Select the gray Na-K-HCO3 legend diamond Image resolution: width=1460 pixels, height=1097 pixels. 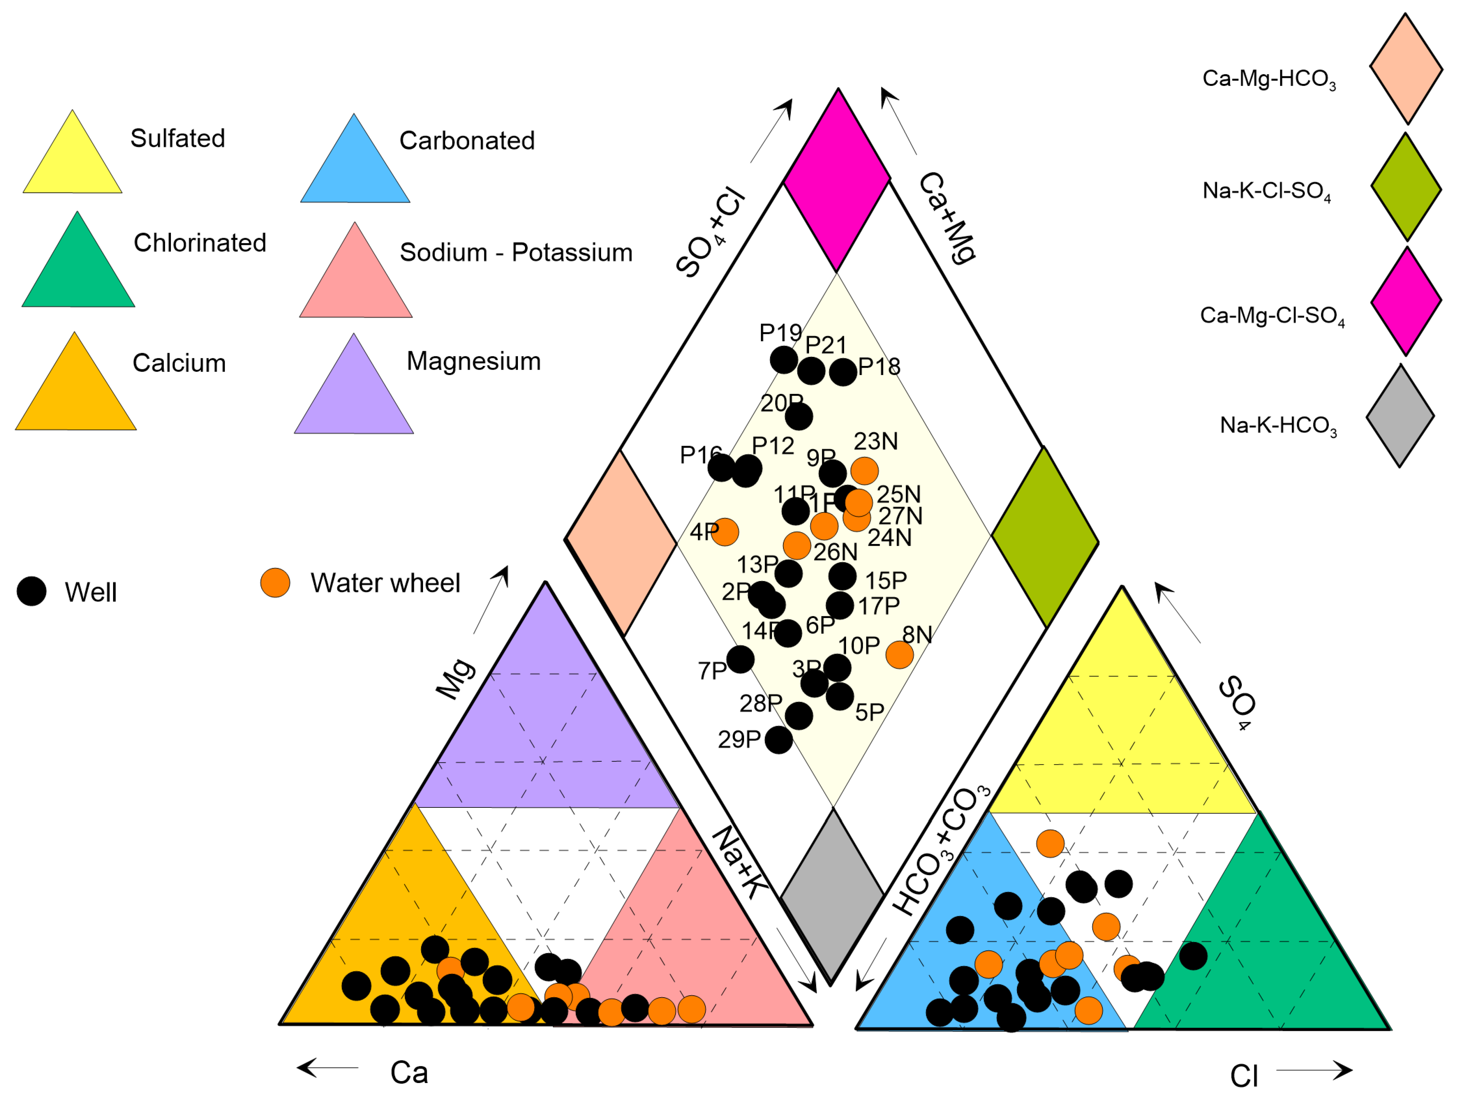coord(1400,416)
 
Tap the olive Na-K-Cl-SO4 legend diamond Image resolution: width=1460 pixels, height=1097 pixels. coord(1406,187)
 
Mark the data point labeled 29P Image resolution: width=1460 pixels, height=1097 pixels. coord(779,740)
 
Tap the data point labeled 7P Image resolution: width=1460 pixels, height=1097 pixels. coord(741,659)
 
